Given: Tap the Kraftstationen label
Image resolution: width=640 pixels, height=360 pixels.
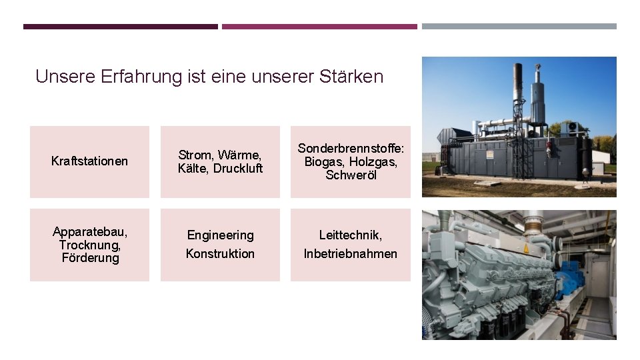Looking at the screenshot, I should point(89,161).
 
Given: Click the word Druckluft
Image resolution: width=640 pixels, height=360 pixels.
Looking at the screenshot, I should point(238,169).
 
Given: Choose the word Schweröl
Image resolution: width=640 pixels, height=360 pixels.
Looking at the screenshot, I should point(351,175).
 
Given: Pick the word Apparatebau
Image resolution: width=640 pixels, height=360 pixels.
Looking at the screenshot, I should point(89,232).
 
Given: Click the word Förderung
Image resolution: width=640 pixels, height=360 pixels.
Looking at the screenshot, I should point(89,258).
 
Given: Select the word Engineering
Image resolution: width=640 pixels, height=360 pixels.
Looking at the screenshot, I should point(220,235).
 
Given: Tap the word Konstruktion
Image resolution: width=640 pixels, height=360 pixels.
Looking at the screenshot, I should point(220,254).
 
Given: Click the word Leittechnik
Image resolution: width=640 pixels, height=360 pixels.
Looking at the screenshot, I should point(350,235).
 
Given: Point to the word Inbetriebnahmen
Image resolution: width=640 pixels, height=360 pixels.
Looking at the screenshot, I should point(350,254).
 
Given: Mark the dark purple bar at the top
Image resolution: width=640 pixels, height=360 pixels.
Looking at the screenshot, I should point(120,27).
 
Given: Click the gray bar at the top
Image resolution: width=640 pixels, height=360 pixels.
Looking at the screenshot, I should point(519,27).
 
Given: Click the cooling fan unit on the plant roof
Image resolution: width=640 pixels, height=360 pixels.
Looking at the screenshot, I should point(571,127).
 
